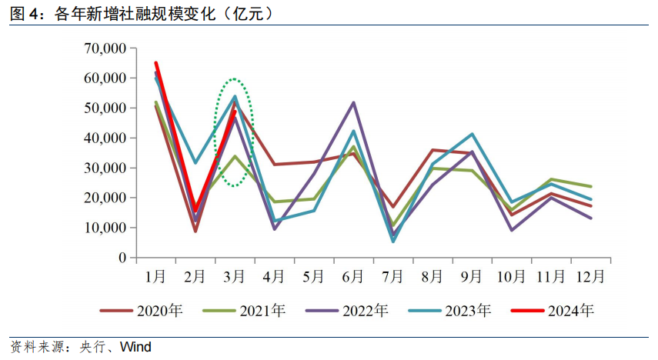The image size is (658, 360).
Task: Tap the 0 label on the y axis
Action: (122, 258)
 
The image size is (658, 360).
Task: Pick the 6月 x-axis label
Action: (353, 275)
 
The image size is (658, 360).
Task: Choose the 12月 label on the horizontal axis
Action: (590, 275)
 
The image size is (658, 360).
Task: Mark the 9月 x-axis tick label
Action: (472, 275)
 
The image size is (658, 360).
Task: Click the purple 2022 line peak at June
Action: (354, 102)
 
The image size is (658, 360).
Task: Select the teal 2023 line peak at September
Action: (472, 134)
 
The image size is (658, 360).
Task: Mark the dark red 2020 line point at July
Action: (393, 207)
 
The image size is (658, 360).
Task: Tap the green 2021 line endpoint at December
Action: (590, 186)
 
